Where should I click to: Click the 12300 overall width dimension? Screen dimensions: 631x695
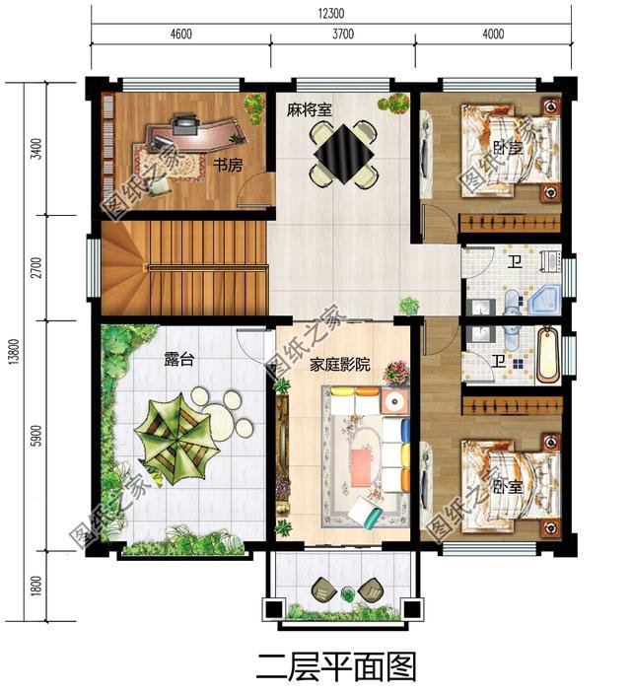tap(331, 13)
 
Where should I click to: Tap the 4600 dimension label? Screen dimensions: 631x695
tap(180, 34)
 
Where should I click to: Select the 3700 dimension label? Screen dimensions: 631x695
tap(343, 34)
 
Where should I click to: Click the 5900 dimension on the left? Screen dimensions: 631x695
tap(37, 436)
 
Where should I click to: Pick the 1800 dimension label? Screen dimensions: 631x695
tap(37, 585)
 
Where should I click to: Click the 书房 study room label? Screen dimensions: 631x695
tap(228, 166)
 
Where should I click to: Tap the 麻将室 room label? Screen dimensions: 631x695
tap(309, 109)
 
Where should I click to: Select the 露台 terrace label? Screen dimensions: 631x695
tap(178, 360)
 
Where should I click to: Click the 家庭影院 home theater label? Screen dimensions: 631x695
tap(339, 365)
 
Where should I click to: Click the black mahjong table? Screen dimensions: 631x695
tap(344, 154)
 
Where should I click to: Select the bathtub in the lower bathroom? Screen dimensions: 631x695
tap(548, 355)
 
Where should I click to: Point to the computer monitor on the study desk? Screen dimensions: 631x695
tap(185, 124)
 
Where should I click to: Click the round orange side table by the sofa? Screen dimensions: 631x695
tap(393, 402)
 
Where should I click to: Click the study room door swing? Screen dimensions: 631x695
tap(253, 188)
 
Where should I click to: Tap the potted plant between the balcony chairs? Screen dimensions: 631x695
tap(348, 593)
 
